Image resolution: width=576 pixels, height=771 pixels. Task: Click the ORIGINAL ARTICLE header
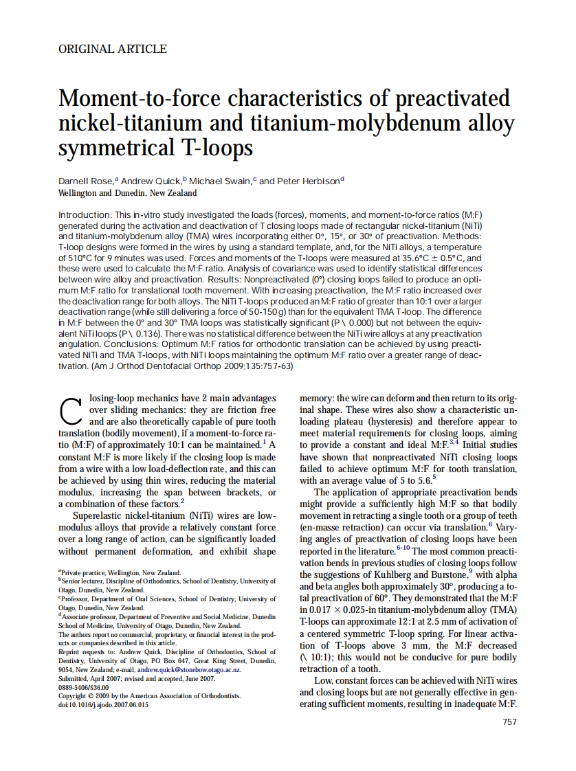coord(113,49)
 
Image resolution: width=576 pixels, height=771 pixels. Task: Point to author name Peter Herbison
coord(308,181)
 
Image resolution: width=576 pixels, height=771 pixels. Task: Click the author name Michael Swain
coord(221,181)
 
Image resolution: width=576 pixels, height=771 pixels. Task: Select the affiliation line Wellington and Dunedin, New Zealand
coord(128,194)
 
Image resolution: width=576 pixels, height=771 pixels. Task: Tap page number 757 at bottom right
coord(509,722)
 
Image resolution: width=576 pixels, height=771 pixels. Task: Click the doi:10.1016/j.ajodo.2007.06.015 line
coord(103,704)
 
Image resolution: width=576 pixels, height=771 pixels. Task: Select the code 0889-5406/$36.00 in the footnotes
coord(84,686)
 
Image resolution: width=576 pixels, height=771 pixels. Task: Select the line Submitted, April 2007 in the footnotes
coord(137,678)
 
